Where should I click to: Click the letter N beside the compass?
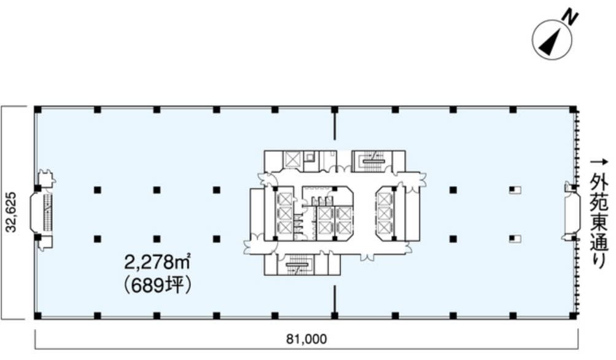coord(571,18)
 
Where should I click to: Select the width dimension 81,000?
coord(306,338)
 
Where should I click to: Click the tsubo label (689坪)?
coord(158,285)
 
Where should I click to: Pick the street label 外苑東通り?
coord(599,222)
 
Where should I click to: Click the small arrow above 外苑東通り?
coord(599,162)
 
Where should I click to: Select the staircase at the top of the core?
coord(372,161)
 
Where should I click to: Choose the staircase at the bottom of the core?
coord(295,264)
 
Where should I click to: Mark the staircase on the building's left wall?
coord(47,212)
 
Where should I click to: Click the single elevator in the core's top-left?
coord(292,160)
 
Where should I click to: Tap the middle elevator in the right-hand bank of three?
coord(384,213)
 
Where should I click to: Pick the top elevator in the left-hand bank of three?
coord(284,200)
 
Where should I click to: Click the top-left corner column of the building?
coord(37,109)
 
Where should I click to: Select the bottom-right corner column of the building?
coord(573,315)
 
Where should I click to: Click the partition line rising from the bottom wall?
coord(335,299)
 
